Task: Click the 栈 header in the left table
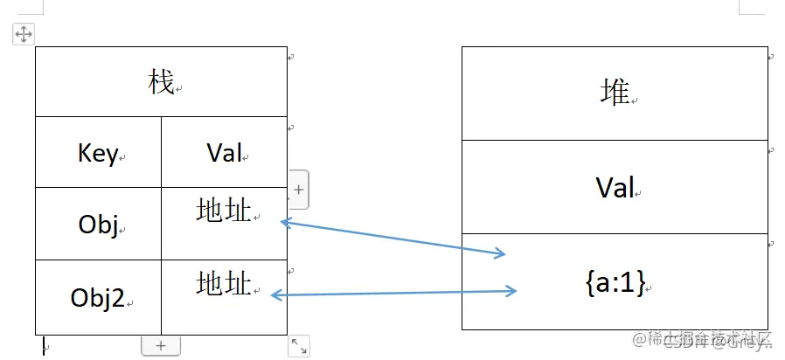[x=162, y=84]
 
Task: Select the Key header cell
[x=98, y=154]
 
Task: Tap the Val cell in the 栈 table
[x=224, y=154]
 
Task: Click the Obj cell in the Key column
[x=98, y=225]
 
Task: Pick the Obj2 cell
[x=97, y=297]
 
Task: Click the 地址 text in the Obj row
[x=224, y=210]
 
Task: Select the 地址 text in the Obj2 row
[x=224, y=283]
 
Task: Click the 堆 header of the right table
[x=615, y=93]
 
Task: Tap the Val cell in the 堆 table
[x=615, y=187]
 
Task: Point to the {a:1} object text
[x=615, y=281]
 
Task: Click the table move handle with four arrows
[x=23, y=34]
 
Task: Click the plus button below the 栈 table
[x=161, y=345]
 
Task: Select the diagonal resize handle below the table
[x=298, y=346]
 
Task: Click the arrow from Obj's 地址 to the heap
[x=393, y=239]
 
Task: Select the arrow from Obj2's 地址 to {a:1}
[x=393, y=294]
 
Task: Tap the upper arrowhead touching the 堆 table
[x=499, y=253]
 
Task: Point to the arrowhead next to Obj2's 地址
[x=276, y=295]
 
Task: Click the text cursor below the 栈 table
[x=44, y=348]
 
